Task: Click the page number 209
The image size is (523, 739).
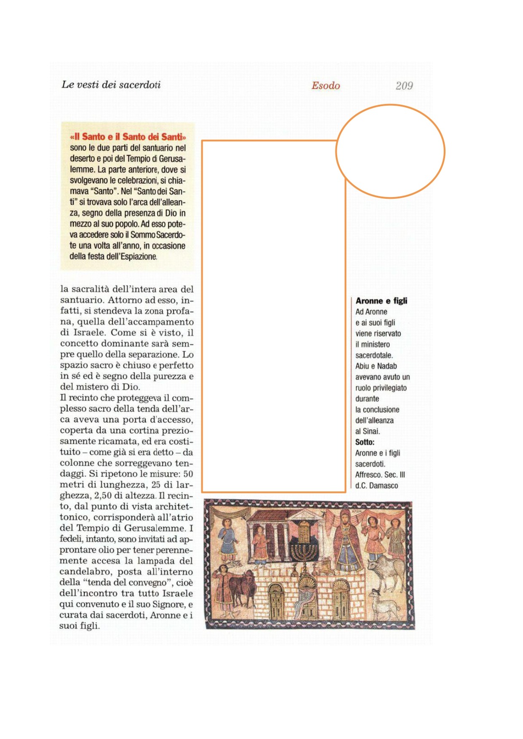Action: pyautogui.click(x=404, y=86)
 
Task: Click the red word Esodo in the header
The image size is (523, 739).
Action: pyautogui.click(x=325, y=86)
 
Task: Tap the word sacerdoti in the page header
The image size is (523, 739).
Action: pyautogui.click(x=139, y=85)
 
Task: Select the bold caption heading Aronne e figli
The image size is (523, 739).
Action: pyautogui.click(x=381, y=301)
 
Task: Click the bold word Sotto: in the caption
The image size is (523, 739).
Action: pyautogui.click(x=365, y=442)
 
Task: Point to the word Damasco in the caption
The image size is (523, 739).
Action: pyautogui.click(x=384, y=486)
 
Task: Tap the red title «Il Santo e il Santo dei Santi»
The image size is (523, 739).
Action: pyautogui.click(x=128, y=137)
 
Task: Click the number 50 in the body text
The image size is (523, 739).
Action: pyautogui.click(x=188, y=474)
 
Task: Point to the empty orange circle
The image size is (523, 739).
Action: pyautogui.click(x=390, y=151)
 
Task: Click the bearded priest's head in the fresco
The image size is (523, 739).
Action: pyautogui.click(x=344, y=519)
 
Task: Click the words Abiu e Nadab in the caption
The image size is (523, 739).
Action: pyautogui.click(x=376, y=366)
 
